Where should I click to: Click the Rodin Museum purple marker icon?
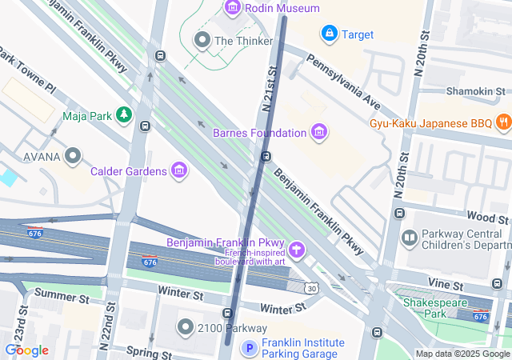233,9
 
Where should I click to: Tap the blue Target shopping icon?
329,33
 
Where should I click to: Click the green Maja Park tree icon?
123,116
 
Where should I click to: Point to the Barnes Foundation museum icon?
319,132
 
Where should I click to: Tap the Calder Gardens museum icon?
179,170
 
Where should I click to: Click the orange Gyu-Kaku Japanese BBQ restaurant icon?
502,122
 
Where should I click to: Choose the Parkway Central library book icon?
410,238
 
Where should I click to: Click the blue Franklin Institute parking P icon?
250,348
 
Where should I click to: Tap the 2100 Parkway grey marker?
186,327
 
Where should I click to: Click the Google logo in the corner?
26,350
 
